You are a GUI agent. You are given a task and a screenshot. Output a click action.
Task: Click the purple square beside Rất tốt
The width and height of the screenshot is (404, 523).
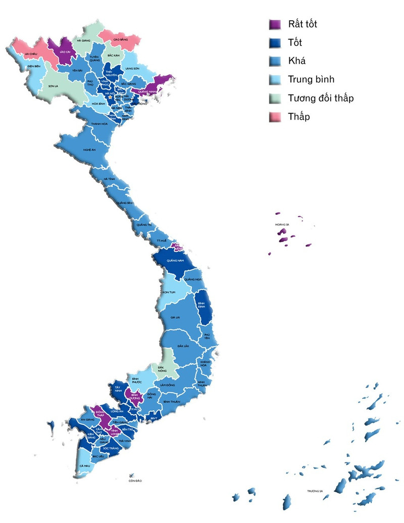[275, 24]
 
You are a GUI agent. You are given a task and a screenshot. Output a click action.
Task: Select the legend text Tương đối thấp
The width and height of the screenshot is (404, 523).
[321, 98]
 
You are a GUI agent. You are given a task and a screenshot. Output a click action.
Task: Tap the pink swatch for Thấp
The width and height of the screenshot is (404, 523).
[275, 117]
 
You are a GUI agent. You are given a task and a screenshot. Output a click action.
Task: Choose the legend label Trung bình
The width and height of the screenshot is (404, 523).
[311, 79]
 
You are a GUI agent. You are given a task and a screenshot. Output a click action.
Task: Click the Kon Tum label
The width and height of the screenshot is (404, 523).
[169, 293]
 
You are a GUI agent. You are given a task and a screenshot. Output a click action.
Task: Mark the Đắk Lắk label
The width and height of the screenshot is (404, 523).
[183, 346]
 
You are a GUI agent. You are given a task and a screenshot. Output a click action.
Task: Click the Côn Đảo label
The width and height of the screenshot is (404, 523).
[135, 481]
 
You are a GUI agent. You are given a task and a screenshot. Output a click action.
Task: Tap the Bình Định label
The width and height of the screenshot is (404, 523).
[202, 301]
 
